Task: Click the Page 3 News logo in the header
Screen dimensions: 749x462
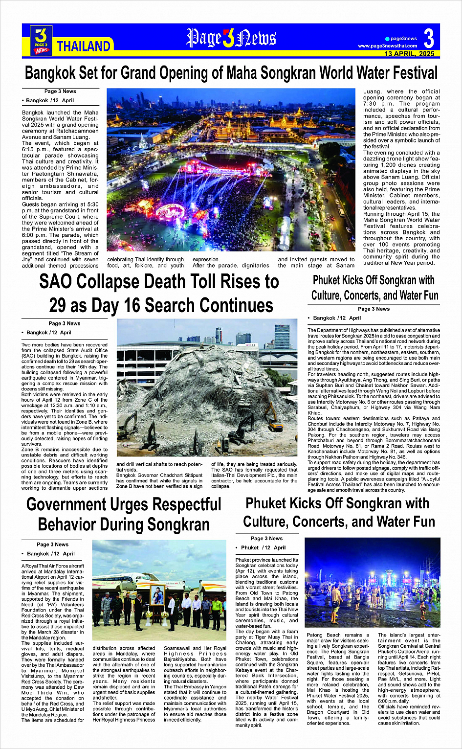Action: [x=41, y=40]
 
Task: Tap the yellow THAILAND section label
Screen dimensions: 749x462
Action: [x=84, y=46]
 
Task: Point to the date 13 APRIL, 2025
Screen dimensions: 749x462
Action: [x=409, y=54]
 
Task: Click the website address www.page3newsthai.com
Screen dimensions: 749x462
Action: [x=388, y=46]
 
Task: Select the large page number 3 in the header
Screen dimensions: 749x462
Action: [x=429, y=38]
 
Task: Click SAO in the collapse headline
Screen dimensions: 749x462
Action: [x=56, y=282]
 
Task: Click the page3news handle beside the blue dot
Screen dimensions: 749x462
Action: [x=404, y=39]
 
